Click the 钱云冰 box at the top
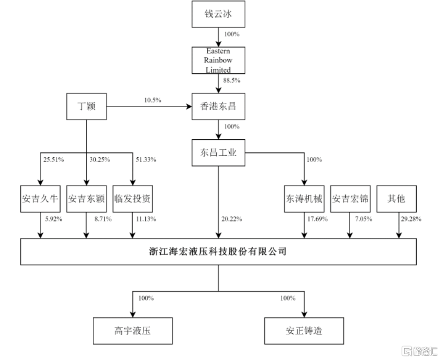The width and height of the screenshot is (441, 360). (218, 14)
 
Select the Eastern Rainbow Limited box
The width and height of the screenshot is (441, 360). (218, 60)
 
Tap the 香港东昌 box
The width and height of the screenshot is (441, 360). (218, 106)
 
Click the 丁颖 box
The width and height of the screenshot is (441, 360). (86, 106)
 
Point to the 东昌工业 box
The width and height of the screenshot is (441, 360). (218, 152)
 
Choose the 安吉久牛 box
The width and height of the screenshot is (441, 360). (40, 198)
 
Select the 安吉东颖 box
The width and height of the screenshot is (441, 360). (86, 198)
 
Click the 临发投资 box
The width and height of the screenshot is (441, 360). (132, 198)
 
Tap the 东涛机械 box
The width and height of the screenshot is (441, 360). (304, 198)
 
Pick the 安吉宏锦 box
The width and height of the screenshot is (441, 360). (350, 198)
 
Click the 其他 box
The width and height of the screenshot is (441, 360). (396, 198)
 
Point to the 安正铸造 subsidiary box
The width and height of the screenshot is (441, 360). (304, 331)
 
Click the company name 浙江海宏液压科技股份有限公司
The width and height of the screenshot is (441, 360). (218, 251)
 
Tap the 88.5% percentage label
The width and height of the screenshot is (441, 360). (231, 80)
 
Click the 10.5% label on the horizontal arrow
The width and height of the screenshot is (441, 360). (153, 100)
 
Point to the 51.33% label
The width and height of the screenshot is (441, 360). (145, 160)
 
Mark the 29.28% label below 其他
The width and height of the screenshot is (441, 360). (410, 219)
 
